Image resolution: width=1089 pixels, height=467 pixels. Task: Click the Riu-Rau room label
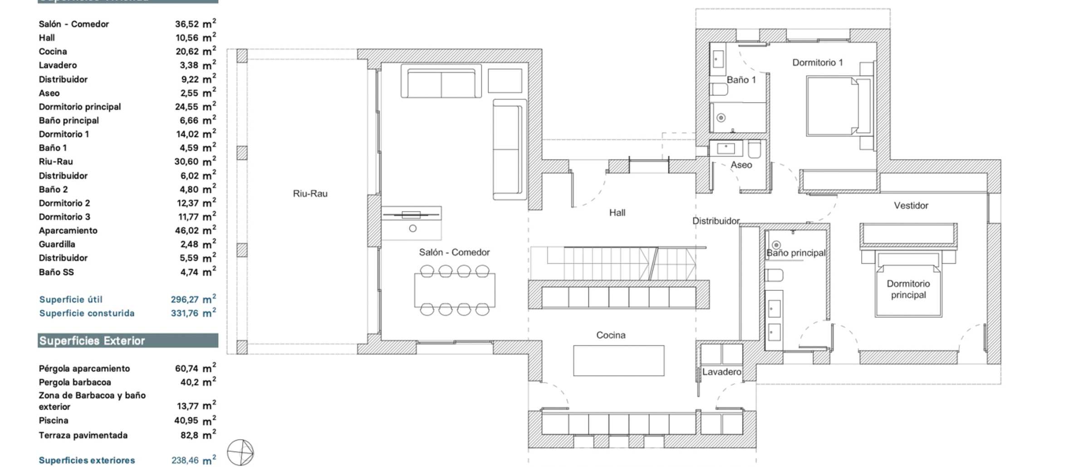click(310, 193)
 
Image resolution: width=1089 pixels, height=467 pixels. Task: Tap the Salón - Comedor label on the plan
click(454, 252)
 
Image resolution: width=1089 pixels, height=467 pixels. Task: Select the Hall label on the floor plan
click(617, 212)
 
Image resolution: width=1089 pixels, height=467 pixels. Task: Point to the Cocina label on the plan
click(611, 335)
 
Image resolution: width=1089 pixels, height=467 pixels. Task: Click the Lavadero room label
click(721, 372)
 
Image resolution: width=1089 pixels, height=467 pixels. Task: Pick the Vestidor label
click(911, 206)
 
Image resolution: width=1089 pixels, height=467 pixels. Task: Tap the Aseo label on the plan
click(741, 165)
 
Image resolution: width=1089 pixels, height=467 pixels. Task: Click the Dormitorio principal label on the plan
click(908, 289)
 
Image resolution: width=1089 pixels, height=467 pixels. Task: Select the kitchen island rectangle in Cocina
click(618, 360)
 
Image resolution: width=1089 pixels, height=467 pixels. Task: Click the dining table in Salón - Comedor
click(455, 290)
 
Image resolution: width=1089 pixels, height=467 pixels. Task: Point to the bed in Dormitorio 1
click(839, 106)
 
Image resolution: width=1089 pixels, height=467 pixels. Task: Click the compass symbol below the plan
click(240, 452)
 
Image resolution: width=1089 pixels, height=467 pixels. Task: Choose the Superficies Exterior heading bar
click(128, 341)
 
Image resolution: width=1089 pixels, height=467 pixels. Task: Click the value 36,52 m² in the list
click(196, 24)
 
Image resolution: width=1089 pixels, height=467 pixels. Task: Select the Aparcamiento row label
click(68, 231)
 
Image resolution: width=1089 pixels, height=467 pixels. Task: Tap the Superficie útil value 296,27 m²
click(193, 299)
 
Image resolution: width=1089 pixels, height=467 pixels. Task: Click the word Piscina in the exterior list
click(54, 420)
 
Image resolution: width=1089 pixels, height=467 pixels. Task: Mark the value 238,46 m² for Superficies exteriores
click(194, 460)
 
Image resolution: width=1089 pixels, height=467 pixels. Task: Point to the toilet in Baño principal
click(774, 275)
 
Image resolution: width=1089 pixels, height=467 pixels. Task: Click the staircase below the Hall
click(617, 263)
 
